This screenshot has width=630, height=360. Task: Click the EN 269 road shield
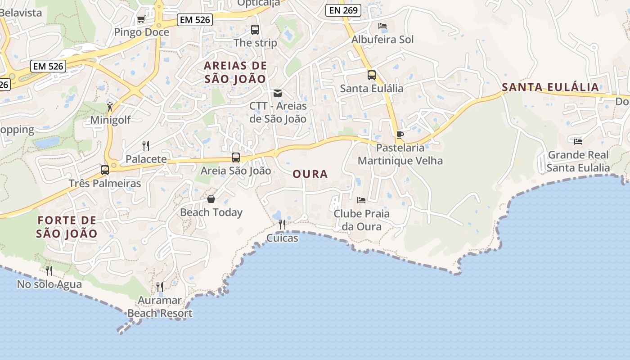(x=343, y=10)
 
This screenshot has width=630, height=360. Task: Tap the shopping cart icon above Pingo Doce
(x=141, y=19)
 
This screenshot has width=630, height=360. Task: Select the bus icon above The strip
(x=255, y=30)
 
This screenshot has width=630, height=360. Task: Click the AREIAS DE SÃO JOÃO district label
(x=235, y=72)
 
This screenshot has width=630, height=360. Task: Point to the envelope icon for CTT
(x=278, y=93)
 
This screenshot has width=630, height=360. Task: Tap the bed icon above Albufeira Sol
(x=382, y=26)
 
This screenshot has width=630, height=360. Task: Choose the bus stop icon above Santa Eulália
(x=372, y=75)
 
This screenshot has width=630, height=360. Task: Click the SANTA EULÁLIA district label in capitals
(x=550, y=87)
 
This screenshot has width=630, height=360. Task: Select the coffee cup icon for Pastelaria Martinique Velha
(x=400, y=135)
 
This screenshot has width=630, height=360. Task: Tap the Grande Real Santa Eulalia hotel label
(x=578, y=161)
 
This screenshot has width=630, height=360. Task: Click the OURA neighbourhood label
(x=310, y=174)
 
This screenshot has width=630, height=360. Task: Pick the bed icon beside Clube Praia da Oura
(x=361, y=200)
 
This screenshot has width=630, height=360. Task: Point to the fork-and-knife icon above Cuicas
(x=282, y=224)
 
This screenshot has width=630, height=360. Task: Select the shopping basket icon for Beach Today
(x=211, y=199)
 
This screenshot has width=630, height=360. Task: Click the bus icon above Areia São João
(x=236, y=157)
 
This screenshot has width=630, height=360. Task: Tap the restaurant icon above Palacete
(x=146, y=145)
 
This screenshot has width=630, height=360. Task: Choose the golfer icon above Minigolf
(x=110, y=107)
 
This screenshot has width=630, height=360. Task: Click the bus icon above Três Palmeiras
(x=105, y=170)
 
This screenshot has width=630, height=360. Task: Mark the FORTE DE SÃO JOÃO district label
(x=67, y=227)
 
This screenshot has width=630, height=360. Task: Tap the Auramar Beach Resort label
(x=160, y=306)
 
